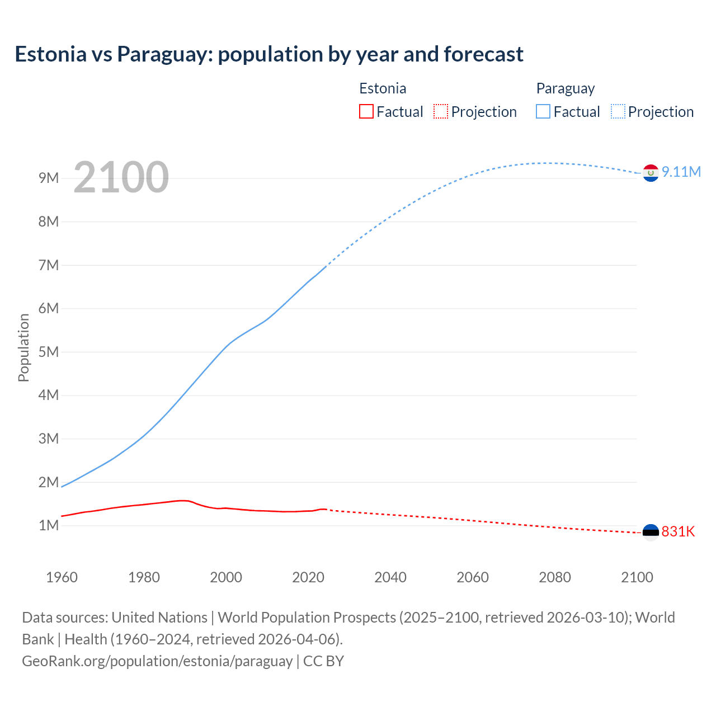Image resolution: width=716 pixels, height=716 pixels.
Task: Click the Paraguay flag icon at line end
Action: click(x=650, y=173)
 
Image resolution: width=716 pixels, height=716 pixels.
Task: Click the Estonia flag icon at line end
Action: click(x=651, y=532)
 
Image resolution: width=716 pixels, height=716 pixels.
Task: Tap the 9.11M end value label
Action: click(x=681, y=172)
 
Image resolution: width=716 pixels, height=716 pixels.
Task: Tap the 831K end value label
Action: click(x=678, y=531)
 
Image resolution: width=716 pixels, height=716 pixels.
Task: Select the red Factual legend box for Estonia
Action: click(x=366, y=111)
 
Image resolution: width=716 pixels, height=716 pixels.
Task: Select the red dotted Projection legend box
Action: click(x=441, y=111)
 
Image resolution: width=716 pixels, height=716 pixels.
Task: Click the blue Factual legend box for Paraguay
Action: click(x=543, y=111)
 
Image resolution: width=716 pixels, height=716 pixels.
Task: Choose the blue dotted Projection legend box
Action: click(x=618, y=111)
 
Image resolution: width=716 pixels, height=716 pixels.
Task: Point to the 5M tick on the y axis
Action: click(x=49, y=352)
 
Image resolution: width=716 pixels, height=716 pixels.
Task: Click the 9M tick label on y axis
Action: click(x=49, y=178)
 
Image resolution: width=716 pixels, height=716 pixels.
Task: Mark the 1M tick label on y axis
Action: click(x=49, y=525)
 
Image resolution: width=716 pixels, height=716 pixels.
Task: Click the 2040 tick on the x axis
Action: click(x=390, y=577)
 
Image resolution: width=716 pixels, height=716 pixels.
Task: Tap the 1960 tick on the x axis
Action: click(x=62, y=577)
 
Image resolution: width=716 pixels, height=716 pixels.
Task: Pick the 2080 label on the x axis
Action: click(x=555, y=577)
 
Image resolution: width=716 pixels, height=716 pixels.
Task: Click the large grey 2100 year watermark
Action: click(x=121, y=177)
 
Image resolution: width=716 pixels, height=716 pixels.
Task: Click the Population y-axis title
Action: click(x=23, y=347)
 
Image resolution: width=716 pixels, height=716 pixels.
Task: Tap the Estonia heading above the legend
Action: click(x=383, y=88)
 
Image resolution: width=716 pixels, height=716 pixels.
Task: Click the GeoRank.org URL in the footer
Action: click(x=157, y=661)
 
